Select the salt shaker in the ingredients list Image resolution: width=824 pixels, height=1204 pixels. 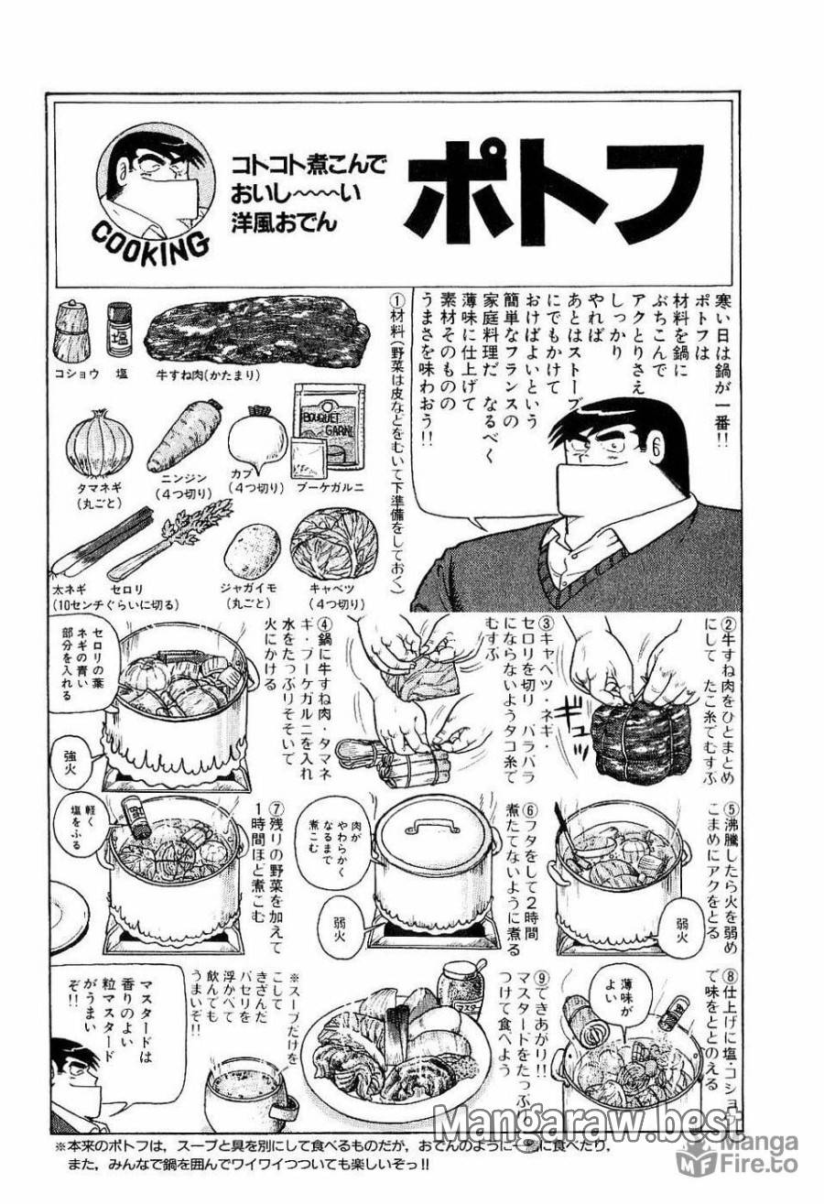[118, 330]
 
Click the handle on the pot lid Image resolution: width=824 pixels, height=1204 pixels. [424, 827]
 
